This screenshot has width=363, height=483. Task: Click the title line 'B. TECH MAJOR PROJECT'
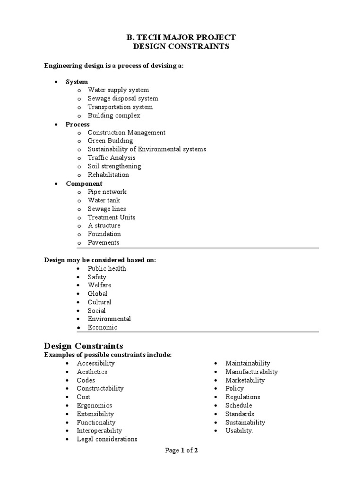[x=181, y=37]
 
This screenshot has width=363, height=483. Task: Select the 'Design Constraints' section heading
[x=84, y=346]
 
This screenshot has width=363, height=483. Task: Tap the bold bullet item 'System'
[x=77, y=82]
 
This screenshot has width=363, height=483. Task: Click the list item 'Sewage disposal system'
[x=123, y=99]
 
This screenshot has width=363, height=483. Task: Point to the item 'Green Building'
[x=110, y=141]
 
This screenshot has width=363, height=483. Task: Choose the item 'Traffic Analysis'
[x=112, y=158]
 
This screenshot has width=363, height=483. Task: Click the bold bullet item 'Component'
[x=84, y=183]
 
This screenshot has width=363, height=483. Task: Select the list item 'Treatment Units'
[x=112, y=217]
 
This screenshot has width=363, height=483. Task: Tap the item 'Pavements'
[x=104, y=242]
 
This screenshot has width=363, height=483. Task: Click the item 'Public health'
[x=107, y=268]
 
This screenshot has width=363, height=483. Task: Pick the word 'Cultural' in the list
[x=99, y=302]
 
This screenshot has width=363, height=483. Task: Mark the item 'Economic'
[x=103, y=327]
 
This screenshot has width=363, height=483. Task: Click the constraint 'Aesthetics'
[x=92, y=372]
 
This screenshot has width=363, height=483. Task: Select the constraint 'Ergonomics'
[x=95, y=405]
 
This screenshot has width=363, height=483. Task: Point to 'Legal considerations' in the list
[x=107, y=439]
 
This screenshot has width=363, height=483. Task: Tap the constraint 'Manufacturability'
[x=251, y=372]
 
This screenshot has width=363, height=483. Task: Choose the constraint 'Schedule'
[x=239, y=405]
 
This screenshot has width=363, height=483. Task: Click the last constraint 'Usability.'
[x=239, y=431]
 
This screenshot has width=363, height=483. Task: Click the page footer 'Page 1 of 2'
[x=181, y=450]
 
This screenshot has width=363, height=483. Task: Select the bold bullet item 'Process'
[x=78, y=124]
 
